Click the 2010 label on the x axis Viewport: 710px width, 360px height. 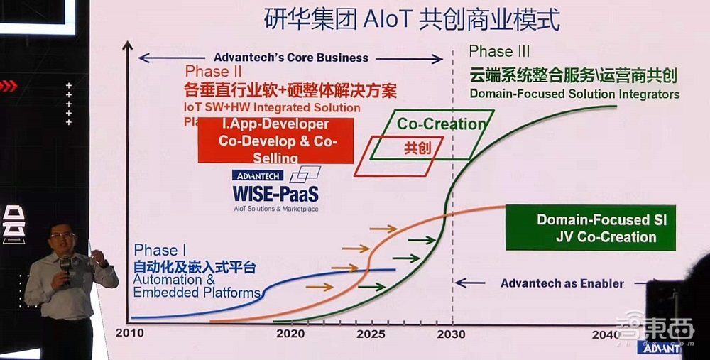pos(129,333)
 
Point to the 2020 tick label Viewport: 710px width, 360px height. pos(290,333)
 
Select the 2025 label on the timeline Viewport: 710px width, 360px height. pos(371,333)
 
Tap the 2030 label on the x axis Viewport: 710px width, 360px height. pos(450,333)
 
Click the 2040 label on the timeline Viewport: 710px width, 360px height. pos(605,334)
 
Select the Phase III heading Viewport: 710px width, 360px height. pos(499,52)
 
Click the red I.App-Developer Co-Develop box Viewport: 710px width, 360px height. pos(275,141)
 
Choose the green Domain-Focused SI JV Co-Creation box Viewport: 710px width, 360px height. pos(591,228)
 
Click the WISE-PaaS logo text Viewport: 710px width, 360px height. pos(275,193)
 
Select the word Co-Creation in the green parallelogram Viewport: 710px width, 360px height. pos(441,124)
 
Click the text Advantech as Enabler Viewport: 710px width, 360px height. pos(562,283)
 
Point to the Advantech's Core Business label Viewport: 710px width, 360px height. pos(290,58)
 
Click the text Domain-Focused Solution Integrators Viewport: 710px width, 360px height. pos(574,94)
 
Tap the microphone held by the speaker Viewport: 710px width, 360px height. pos(65,263)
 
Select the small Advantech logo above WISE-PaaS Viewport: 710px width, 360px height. pos(257,175)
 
